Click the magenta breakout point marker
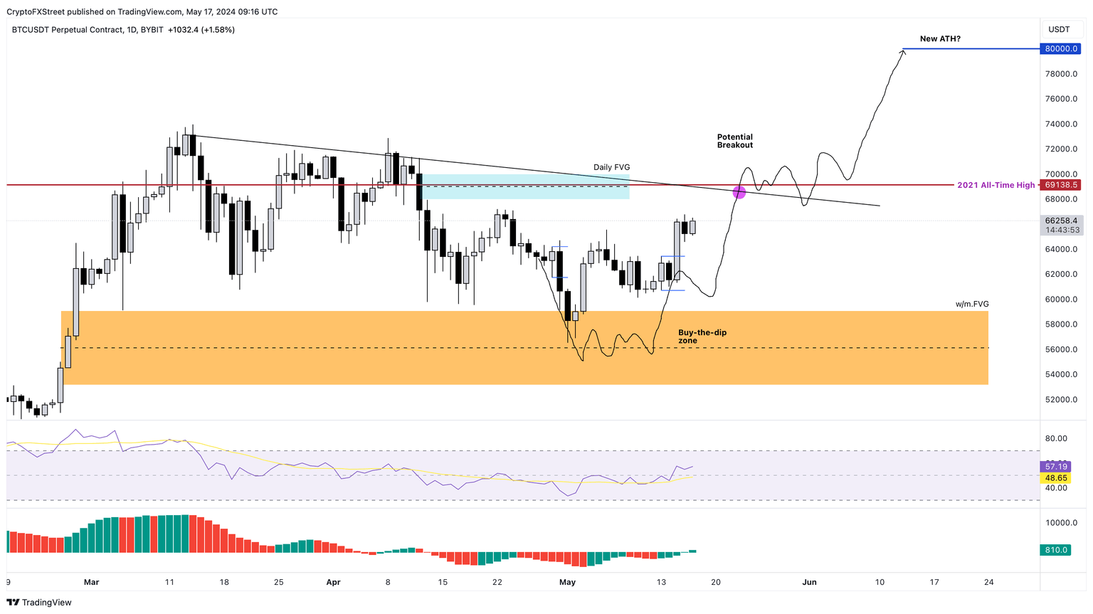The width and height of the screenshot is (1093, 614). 739,192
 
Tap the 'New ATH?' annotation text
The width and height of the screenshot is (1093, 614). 939,38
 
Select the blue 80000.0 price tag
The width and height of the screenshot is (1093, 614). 1060,49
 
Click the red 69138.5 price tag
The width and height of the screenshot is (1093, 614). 1060,185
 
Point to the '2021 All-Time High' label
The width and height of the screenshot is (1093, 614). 996,185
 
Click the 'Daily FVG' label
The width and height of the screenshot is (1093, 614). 611,167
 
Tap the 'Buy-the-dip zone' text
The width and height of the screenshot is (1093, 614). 702,337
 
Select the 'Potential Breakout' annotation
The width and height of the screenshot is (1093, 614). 734,141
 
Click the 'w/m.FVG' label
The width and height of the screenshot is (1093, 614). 971,304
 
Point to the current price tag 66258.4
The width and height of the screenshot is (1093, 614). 1060,221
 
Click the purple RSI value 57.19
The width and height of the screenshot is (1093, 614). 1056,467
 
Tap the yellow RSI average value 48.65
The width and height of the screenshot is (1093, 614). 1056,478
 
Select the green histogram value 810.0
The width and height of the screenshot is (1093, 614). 1056,550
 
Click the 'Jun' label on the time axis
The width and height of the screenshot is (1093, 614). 809,582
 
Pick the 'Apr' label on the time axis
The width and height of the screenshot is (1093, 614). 333,582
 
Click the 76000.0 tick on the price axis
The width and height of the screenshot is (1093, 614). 1060,99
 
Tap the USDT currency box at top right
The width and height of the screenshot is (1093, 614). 1059,29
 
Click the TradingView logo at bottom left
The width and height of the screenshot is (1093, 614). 39,603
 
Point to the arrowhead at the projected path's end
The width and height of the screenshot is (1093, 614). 903,52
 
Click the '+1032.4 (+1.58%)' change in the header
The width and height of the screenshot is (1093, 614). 201,30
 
